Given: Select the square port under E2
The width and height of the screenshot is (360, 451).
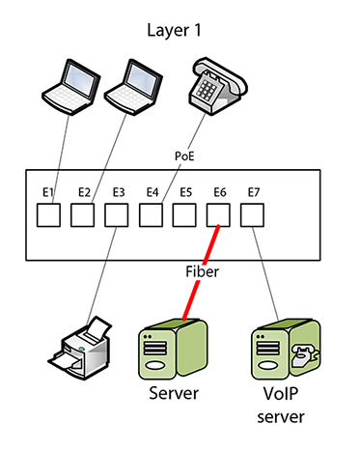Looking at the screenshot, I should click(83, 215).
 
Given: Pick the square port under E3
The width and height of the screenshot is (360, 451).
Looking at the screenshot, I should click(117, 215).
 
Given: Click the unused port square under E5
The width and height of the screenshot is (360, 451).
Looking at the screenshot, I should click(184, 215).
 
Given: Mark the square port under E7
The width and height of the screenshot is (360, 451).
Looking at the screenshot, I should click(252, 215).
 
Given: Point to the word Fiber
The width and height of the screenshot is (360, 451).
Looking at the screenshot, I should click(202, 272).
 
